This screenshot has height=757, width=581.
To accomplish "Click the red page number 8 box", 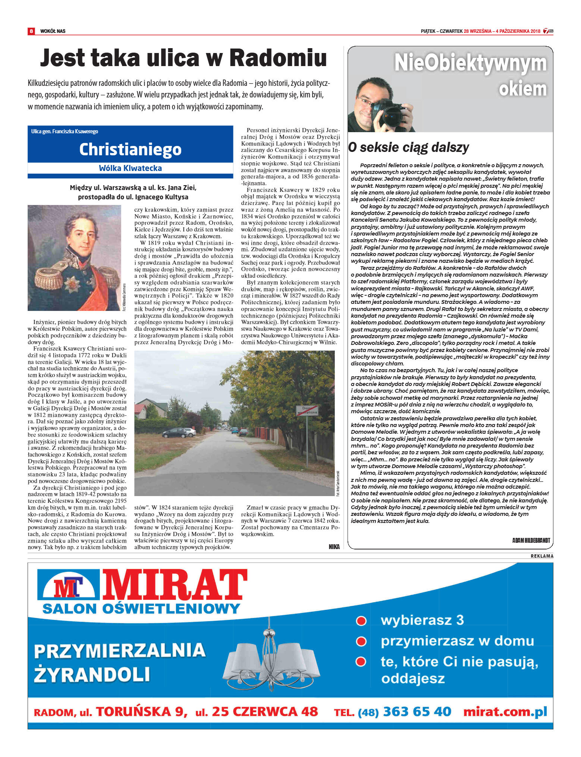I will pyautogui.click(x=31, y=31).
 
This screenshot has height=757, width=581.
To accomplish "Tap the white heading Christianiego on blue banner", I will pyautogui.click(x=130, y=149).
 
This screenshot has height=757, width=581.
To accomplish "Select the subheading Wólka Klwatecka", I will pyautogui.click(x=130, y=168).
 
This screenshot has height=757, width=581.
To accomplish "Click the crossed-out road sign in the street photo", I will pyautogui.click(x=307, y=411).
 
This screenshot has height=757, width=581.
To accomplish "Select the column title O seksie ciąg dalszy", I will pyautogui.click(x=409, y=147).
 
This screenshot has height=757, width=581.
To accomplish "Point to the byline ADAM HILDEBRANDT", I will pyautogui.click(x=531, y=540).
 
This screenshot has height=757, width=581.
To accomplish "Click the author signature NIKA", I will pyautogui.click(x=334, y=546).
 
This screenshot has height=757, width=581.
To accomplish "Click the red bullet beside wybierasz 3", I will pyautogui.click(x=361, y=621).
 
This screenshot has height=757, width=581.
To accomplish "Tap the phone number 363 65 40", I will pyautogui.click(x=417, y=711).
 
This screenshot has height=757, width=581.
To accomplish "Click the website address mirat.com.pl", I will pyautogui.click(x=505, y=711).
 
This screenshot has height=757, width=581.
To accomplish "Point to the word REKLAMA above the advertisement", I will pyautogui.click(x=542, y=556).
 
